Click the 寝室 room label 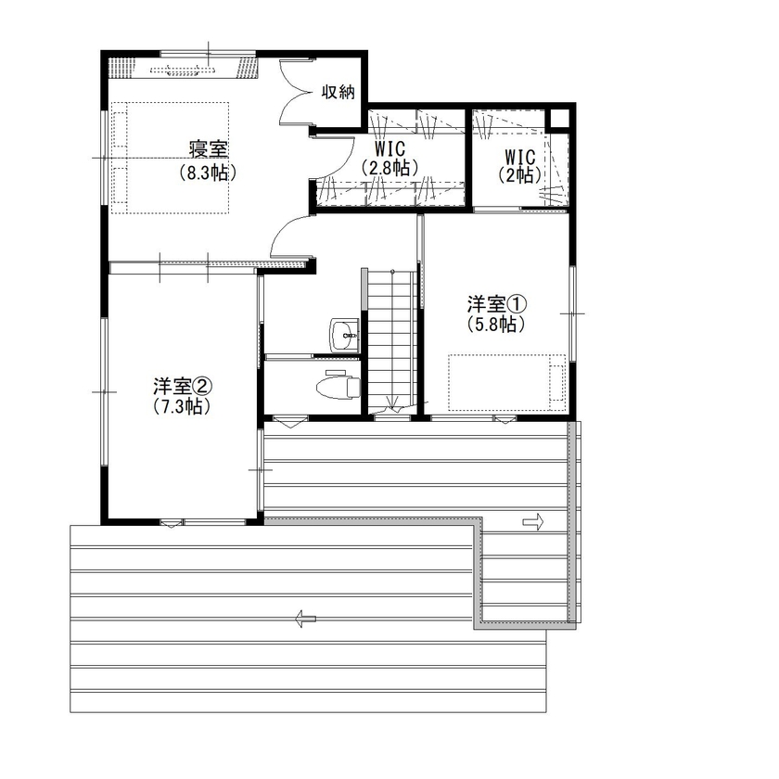coord(210,149)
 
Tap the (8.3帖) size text coord(210,172)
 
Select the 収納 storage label coord(338,91)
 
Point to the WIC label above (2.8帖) coord(389,148)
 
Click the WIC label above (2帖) coord(519,155)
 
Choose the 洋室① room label coord(496,303)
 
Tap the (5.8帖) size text coord(496,325)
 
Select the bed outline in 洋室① coord(506,381)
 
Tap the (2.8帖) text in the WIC coord(389,168)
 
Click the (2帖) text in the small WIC coord(519,173)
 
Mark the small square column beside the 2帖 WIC coord(558,118)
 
